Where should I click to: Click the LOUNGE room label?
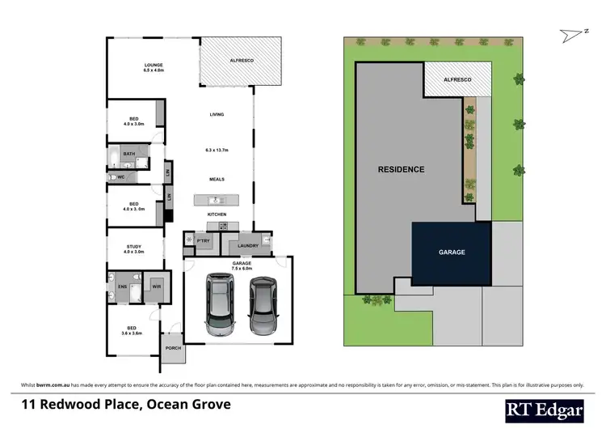(x=154, y=65)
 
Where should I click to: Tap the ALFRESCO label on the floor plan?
(x=242, y=61)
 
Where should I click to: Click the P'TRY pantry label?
(x=202, y=240)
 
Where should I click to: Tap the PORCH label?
(x=174, y=348)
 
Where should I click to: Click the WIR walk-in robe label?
(x=157, y=287)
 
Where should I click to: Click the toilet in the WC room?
(x=113, y=175)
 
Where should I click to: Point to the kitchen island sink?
(x=216, y=199)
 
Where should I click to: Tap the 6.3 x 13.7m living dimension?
(x=217, y=150)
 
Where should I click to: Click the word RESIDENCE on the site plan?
(x=402, y=170)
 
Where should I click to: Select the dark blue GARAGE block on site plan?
(x=452, y=253)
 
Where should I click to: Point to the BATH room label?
(x=129, y=153)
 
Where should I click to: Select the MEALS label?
(x=217, y=179)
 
